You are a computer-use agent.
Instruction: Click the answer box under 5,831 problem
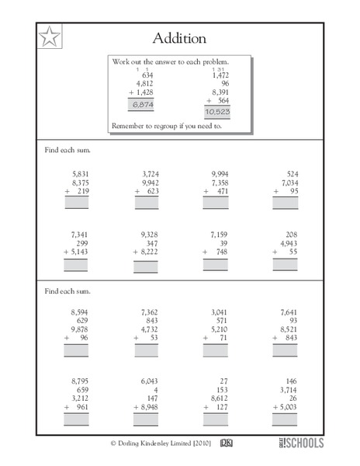(x=77, y=204)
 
